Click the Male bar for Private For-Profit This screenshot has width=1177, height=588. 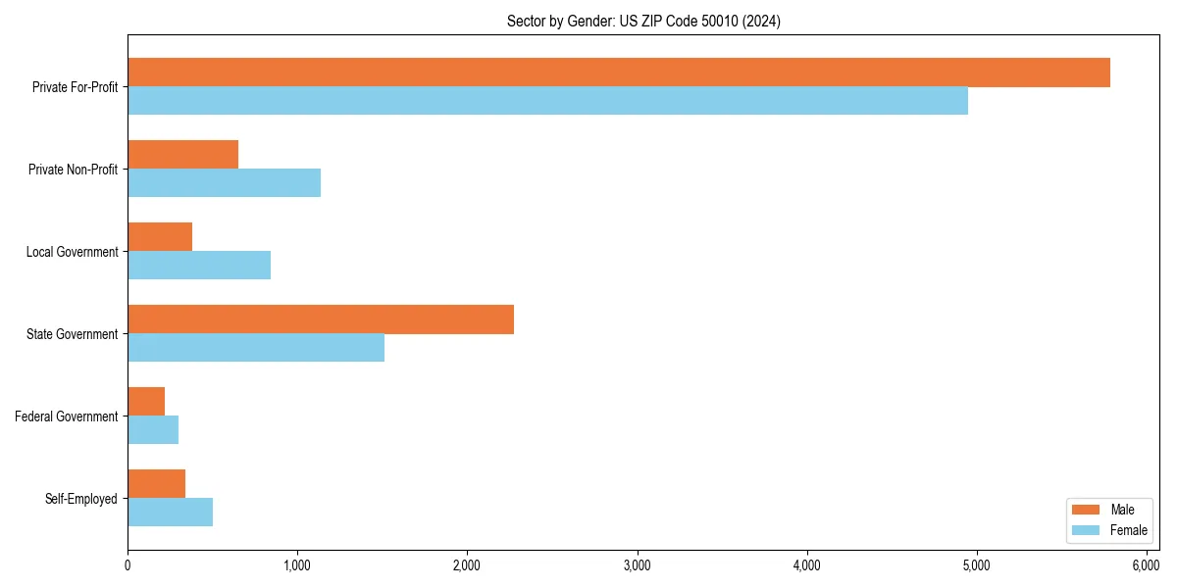click(x=618, y=73)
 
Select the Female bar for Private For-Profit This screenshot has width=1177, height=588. click(x=547, y=101)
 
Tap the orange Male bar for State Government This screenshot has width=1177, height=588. click(x=321, y=319)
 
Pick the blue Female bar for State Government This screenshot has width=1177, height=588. click(x=256, y=348)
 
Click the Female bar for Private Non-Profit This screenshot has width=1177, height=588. click(x=224, y=183)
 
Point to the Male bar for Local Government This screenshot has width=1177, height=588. click(x=160, y=237)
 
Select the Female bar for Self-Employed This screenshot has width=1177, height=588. click(x=170, y=513)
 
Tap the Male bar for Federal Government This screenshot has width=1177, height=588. click(x=146, y=402)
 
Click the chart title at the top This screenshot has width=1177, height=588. click(x=643, y=21)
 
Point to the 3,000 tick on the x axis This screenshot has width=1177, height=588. click(x=638, y=566)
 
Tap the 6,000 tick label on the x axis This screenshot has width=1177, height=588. click(x=1147, y=566)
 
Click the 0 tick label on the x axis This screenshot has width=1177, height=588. click(x=128, y=566)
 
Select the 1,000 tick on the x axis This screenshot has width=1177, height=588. click(x=297, y=566)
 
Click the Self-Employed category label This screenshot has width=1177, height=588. click(x=81, y=499)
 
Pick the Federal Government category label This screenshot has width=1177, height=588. click(x=67, y=416)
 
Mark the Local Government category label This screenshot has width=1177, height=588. click(x=73, y=252)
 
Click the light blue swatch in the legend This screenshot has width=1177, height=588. click(x=1087, y=530)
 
